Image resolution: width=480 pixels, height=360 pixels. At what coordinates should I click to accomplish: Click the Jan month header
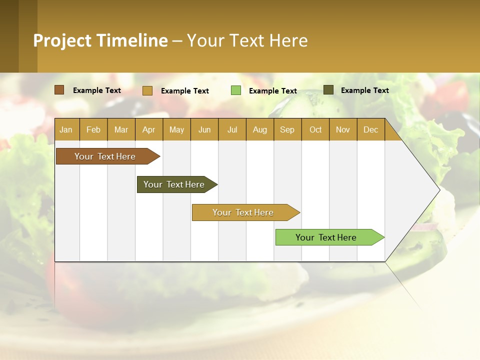click(x=66, y=129)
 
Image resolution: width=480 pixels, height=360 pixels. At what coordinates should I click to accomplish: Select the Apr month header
click(x=149, y=129)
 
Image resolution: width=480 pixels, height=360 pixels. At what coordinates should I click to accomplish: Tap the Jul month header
click(x=232, y=129)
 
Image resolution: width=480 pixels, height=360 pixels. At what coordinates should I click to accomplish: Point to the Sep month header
click(x=287, y=129)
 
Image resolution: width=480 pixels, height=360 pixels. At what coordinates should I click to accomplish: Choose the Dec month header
click(x=370, y=129)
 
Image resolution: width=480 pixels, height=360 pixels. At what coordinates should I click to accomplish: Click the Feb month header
click(x=93, y=129)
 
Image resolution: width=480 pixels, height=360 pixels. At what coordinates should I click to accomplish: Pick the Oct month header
click(x=315, y=129)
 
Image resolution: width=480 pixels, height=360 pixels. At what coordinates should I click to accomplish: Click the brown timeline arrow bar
click(x=105, y=156)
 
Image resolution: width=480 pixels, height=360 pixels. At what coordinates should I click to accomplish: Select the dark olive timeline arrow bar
click(x=174, y=184)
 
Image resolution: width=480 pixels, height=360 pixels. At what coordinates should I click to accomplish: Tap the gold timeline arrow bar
click(x=243, y=212)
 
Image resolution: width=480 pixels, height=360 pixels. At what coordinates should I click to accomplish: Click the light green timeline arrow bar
click(x=326, y=237)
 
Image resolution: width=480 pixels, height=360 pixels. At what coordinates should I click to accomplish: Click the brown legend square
click(x=59, y=90)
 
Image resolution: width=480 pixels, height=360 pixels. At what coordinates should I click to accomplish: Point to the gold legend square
click(x=147, y=90)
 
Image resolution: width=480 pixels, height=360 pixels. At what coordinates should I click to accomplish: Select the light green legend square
click(x=236, y=90)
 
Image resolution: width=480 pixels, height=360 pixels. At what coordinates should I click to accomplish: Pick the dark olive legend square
click(x=328, y=90)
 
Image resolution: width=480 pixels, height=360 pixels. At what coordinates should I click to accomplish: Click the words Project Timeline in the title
click(x=100, y=40)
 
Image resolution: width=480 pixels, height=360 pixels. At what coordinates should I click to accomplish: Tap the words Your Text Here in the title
click(x=247, y=40)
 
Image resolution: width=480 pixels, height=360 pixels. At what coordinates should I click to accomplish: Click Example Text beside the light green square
click(x=272, y=91)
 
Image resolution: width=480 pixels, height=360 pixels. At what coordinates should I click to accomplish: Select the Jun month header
click(x=204, y=129)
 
